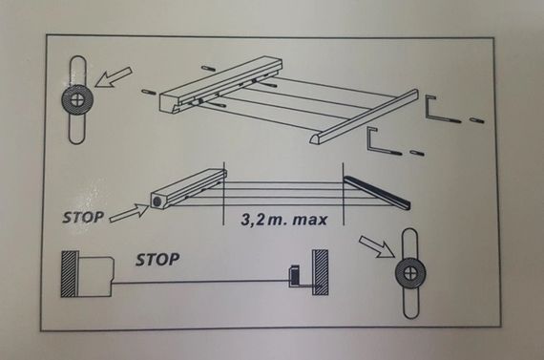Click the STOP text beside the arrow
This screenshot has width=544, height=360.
(83, 217)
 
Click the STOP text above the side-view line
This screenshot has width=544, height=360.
(157, 260)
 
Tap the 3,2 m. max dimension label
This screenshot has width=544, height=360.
(283, 220)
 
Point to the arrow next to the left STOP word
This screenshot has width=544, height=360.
(130, 212)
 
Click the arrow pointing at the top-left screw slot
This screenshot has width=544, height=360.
(114, 77)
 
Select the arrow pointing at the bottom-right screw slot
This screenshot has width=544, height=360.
(376, 247)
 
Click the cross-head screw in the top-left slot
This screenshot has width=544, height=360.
(77, 100)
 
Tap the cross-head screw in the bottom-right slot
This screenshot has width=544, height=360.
(410, 272)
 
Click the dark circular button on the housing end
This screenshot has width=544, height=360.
(157, 201)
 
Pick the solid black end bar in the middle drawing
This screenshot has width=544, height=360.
(377, 193)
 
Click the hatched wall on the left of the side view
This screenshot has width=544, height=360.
(69, 274)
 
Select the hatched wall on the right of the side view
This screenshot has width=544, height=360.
(321, 272)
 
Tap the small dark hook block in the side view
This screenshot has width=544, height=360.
(294, 276)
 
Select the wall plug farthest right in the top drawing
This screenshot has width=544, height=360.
(477, 120)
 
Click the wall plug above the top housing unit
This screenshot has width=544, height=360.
(208, 68)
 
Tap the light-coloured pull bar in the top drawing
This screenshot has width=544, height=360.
(364, 116)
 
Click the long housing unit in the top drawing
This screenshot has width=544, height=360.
(221, 85)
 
